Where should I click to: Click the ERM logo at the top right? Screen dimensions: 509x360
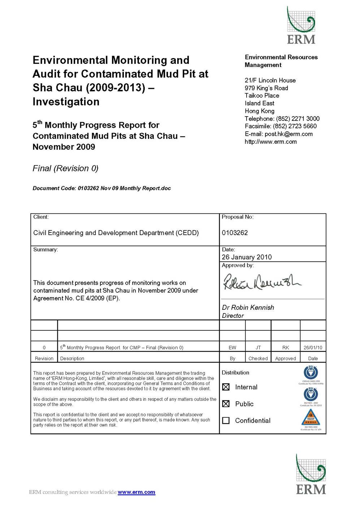coord(301,26)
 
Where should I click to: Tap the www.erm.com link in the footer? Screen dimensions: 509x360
coord(136,492)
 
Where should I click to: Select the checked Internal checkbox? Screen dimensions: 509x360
coord(226,387)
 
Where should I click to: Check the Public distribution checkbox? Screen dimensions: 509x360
coord(226,404)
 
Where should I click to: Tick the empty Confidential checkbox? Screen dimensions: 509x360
coord(226,421)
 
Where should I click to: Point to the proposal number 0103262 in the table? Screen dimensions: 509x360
coord(235,233)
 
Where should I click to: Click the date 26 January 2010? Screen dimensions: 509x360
coord(247,257)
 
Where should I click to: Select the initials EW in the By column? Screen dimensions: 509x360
coord(233,348)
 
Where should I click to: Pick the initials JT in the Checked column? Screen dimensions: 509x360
coord(258,348)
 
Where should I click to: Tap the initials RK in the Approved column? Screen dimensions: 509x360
coord(286,348)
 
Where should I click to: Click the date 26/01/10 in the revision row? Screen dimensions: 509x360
coord(313,348)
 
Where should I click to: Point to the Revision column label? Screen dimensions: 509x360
coord(44,358)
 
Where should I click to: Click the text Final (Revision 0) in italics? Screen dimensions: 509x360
coord(65,169)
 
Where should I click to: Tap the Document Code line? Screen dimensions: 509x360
coord(101,188)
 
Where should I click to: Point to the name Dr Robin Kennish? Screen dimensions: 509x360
coord(248,308)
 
